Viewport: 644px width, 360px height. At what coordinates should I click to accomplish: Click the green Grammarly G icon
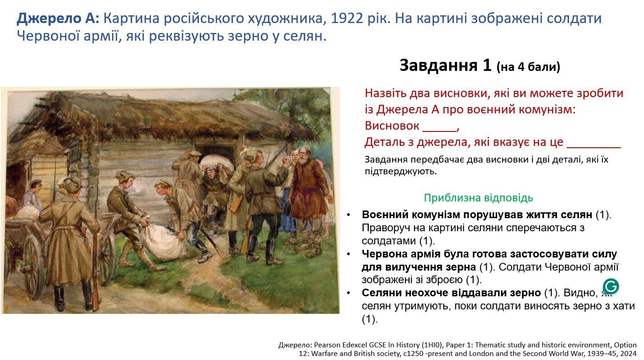(611, 286)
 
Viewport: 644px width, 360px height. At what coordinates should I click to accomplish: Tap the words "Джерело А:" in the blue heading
(57, 19)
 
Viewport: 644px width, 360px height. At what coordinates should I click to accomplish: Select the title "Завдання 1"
(445, 65)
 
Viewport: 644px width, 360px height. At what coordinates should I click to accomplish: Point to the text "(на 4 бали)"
(528, 67)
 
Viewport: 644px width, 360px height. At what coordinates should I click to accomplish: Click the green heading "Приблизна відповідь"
(478, 198)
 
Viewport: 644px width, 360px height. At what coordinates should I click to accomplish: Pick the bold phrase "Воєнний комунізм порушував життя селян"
(476, 215)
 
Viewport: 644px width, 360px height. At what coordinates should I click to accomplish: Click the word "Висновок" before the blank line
(392, 126)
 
